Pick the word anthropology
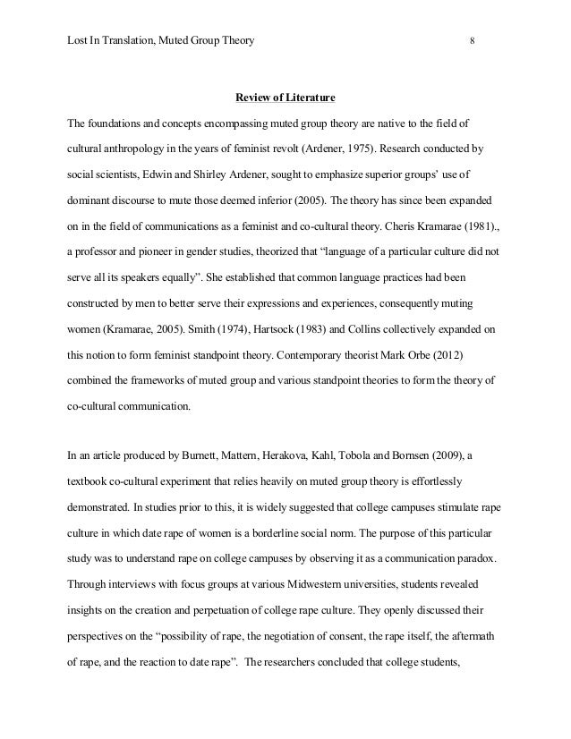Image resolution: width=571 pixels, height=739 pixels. click(144, 147)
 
